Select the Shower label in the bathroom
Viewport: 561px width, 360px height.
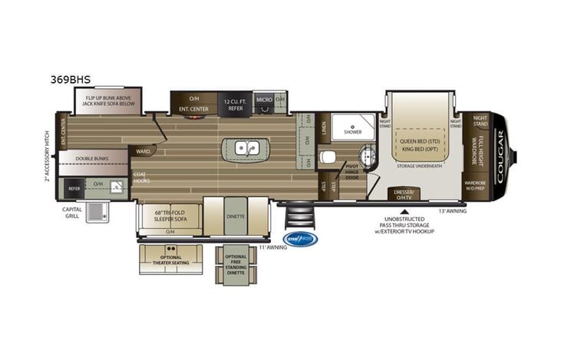pyautogui.click(x=352, y=132)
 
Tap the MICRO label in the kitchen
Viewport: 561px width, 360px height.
pyautogui.click(x=263, y=100)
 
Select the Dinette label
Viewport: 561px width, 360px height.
pyautogui.click(x=236, y=216)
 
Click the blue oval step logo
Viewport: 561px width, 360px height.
pyautogui.click(x=300, y=238)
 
